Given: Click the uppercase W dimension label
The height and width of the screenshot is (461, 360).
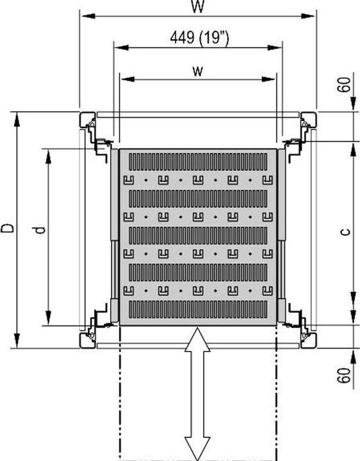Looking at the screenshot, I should click(198, 6).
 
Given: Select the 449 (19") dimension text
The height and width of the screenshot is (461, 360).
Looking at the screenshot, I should click(199, 38).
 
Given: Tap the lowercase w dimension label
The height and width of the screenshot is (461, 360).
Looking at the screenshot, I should click(197, 70).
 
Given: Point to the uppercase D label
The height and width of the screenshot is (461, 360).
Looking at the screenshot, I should click(8, 229).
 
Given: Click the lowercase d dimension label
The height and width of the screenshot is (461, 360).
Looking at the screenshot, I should click(40, 229).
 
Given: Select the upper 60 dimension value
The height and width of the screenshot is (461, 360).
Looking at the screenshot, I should click(346, 84).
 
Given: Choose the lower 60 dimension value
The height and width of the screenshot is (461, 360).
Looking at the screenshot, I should click(346, 375).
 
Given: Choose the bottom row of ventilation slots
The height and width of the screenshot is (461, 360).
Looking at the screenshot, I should click(197, 309).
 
